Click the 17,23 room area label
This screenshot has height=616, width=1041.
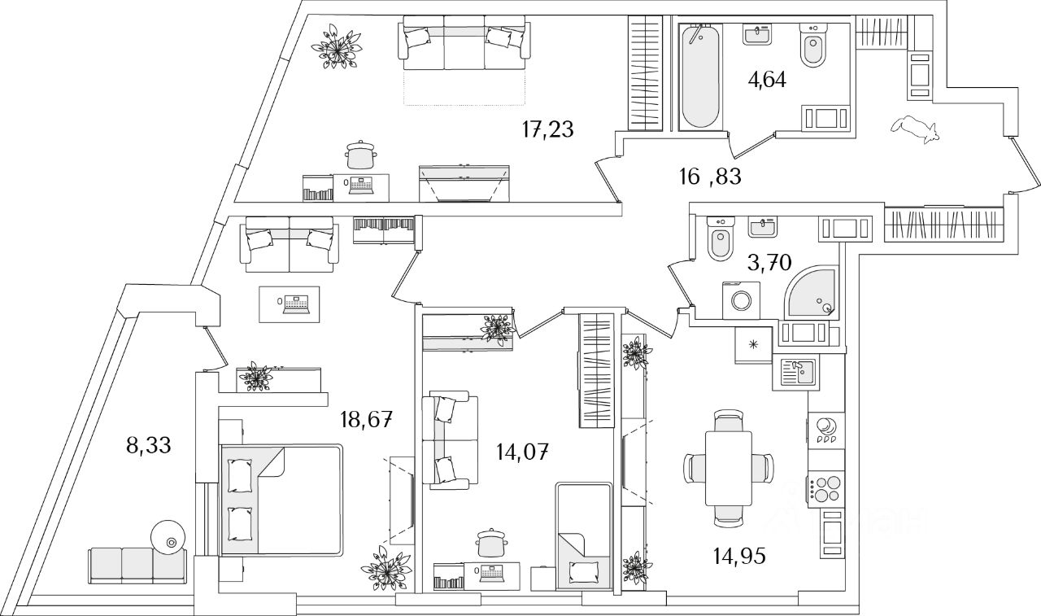click(x=547, y=129)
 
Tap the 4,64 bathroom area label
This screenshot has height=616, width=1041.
click(x=766, y=80)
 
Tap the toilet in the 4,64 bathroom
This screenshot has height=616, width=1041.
click(x=812, y=47)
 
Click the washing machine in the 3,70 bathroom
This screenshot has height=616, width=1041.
click(x=740, y=299)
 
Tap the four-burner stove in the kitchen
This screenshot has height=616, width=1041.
click(x=825, y=487)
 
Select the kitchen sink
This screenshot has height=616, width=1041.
click(x=798, y=373)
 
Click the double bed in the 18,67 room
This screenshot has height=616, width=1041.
click(x=281, y=499)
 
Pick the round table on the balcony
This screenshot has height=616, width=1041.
click(x=169, y=537)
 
